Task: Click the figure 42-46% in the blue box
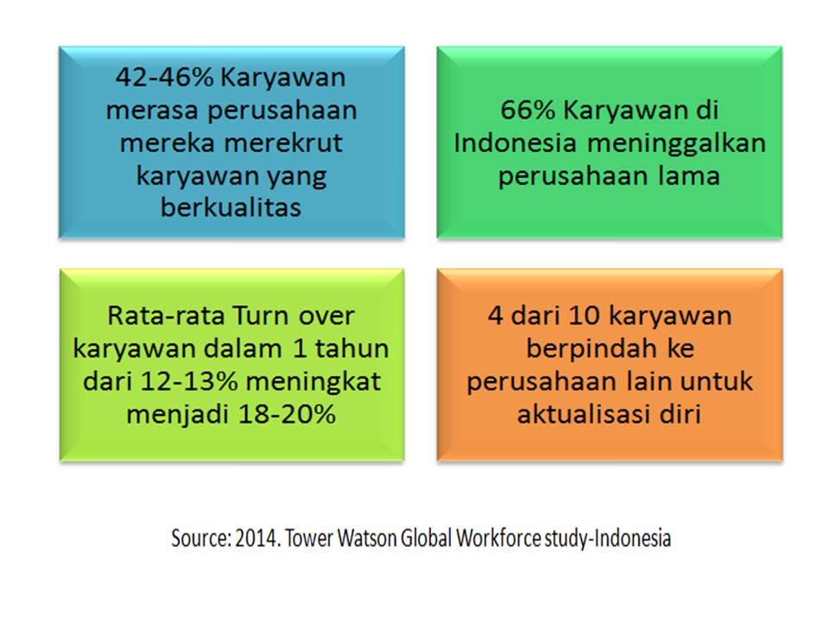(165, 77)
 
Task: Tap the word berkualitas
(231, 207)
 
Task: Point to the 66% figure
(528, 110)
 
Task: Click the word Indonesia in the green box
(515, 143)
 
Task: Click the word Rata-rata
(167, 316)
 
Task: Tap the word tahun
(351, 348)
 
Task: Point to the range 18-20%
(287, 414)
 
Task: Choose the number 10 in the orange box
(585, 316)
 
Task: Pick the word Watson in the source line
(368, 538)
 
